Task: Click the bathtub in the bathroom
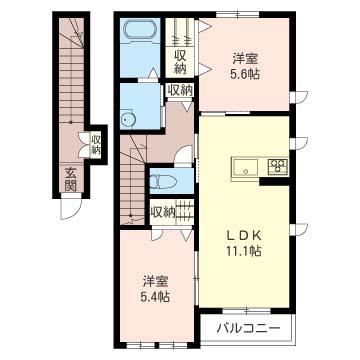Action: pyautogui.click(x=140, y=31)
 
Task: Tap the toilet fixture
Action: pyautogui.click(x=163, y=182)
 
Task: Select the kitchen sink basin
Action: pyautogui.click(x=246, y=167)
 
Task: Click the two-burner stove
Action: pyautogui.click(x=279, y=166)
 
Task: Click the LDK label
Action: pyautogui.click(x=243, y=236)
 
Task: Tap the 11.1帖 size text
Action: pyautogui.click(x=243, y=251)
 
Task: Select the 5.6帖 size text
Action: pyautogui.click(x=243, y=74)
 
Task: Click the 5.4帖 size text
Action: pyautogui.click(x=155, y=296)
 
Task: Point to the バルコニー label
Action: pyautogui.click(x=248, y=328)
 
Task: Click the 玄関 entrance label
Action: pyautogui.click(x=71, y=179)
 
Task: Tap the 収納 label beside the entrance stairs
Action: pyautogui.click(x=96, y=145)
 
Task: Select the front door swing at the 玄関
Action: pyautogui.click(x=71, y=208)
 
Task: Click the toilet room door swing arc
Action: pyautogui.click(x=183, y=154)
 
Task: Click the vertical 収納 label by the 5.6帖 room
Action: pyautogui.click(x=180, y=63)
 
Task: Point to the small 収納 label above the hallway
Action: pyautogui.click(x=180, y=90)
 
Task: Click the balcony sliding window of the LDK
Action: pyautogui.click(x=246, y=311)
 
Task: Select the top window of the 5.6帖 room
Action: pyautogui.click(x=237, y=15)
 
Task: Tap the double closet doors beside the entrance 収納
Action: pyautogui.click(x=83, y=145)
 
